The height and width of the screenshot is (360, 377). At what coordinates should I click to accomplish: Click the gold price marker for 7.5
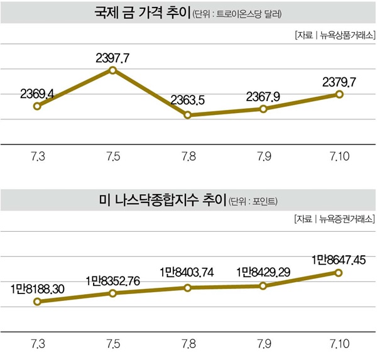[112, 70]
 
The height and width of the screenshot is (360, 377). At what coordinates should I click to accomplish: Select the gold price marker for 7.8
[188, 115]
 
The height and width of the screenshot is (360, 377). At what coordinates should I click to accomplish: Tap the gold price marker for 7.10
[339, 94]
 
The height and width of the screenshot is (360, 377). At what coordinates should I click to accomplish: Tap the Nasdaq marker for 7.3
[37, 302]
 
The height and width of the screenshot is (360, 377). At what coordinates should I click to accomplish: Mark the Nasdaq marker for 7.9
[263, 286]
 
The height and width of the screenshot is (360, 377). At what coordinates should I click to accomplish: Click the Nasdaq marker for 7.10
[339, 273]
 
